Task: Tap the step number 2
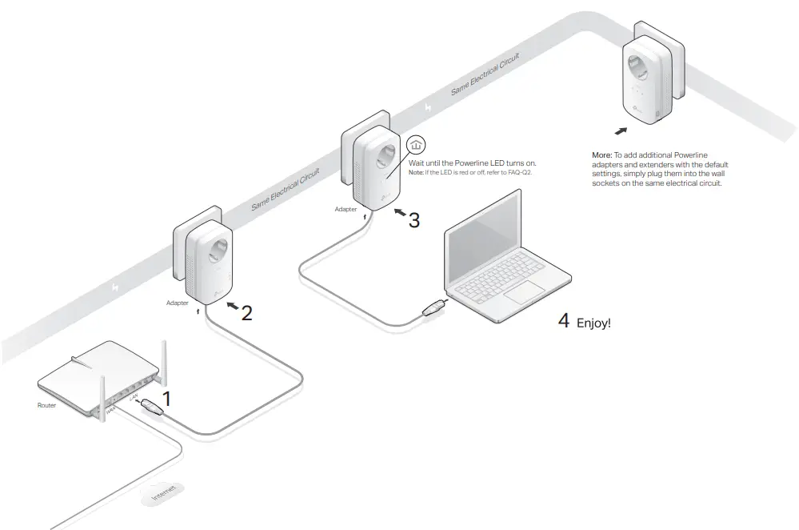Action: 246,313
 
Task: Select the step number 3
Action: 413,220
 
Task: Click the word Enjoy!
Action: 593,324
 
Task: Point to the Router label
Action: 47,406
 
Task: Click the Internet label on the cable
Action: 162,494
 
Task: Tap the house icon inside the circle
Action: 415,145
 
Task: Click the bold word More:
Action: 601,155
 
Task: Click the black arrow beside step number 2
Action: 230,306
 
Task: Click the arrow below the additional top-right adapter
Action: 619,130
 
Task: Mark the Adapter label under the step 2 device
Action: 178,303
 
